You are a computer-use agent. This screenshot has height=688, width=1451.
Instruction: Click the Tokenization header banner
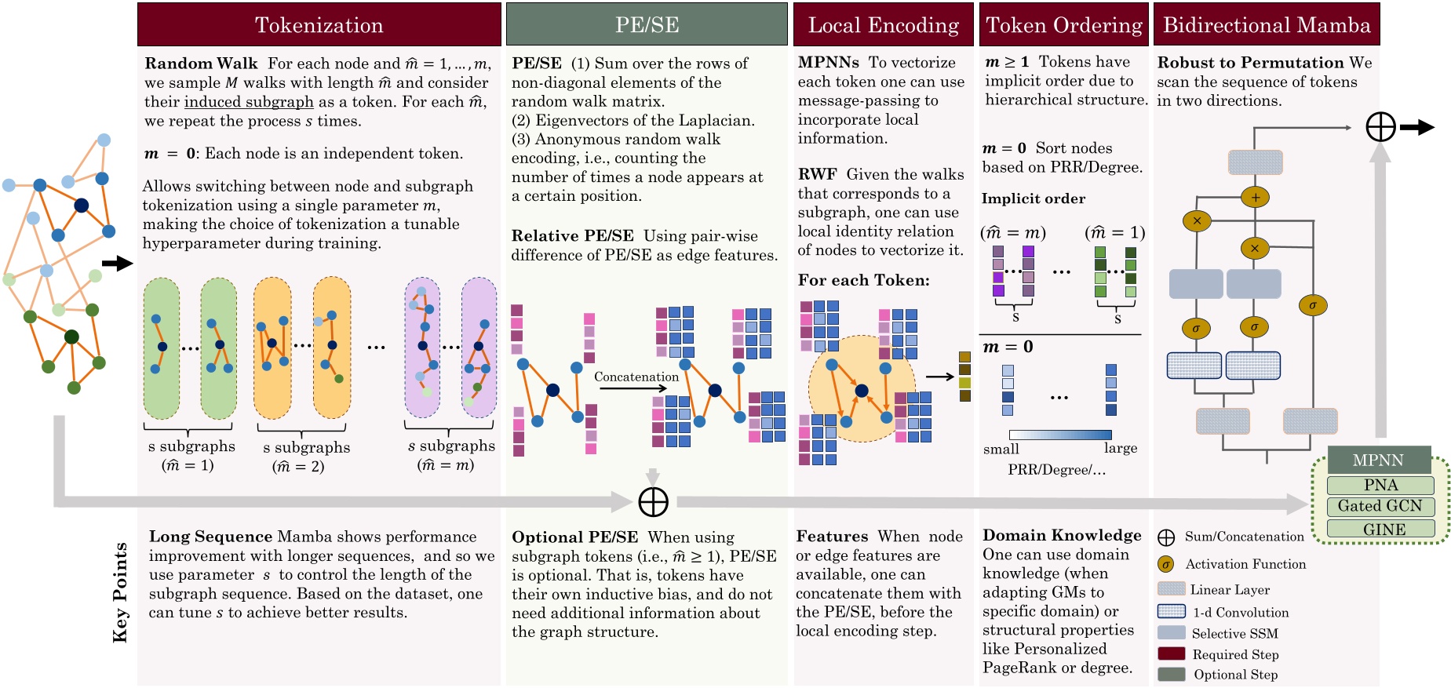click(319, 24)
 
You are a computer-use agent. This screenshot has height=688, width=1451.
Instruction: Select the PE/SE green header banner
click(647, 24)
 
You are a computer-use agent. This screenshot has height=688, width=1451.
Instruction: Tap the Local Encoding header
click(884, 24)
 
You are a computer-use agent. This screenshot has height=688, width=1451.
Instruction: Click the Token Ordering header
click(1064, 24)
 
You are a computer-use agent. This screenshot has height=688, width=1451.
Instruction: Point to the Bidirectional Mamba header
click(1267, 24)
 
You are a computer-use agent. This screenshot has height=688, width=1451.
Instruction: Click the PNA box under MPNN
click(1380, 485)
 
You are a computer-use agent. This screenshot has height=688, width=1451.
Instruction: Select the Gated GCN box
click(1380, 506)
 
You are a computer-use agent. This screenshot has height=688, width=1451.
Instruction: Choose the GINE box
click(1380, 529)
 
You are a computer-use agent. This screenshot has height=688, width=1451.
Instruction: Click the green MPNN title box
click(1378, 460)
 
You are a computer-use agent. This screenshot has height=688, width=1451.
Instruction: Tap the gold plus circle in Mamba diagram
click(1255, 198)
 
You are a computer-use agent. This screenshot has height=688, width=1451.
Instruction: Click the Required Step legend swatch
click(1171, 653)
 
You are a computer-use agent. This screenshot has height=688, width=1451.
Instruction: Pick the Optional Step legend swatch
click(1171, 674)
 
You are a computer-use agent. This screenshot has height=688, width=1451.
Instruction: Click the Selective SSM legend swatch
click(1171, 632)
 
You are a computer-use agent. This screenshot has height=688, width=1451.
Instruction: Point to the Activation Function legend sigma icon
click(1166, 564)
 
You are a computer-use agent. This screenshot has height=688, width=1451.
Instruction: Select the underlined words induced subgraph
click(249, 102)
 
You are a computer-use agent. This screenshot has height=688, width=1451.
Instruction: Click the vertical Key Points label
click(120, 592)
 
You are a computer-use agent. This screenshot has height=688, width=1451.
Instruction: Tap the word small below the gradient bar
click(1001, 449)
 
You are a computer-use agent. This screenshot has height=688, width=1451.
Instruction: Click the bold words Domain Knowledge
click(1062, 535)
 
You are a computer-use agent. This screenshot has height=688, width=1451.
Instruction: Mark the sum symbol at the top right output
click(1380, 127)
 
